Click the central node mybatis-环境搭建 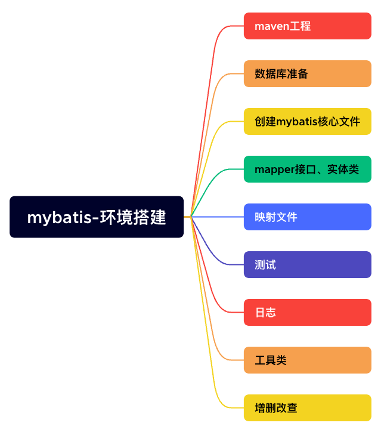coord(97,217)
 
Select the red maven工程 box coord(307,26)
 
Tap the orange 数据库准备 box coord(307,74)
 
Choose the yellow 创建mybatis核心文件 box coord(307,122)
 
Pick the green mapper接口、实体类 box coord(307,169)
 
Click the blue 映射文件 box coord(307,217)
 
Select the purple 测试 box coord(307,265)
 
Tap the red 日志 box coord(307,313)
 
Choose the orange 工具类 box coord(307,360)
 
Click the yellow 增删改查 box coord(307,408)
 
